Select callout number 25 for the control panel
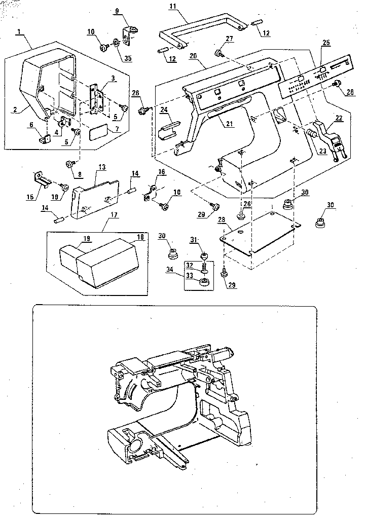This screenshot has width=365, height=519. click(x=325, y=43)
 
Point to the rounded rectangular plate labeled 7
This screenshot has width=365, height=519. click(x=98, y=133)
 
